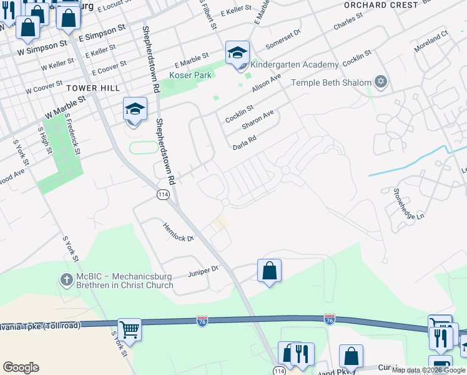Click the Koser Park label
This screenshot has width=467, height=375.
pos(190,75)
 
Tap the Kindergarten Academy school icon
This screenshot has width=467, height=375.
pos(237,54)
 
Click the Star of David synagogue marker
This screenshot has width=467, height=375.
pos(381,82)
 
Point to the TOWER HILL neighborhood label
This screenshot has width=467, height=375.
pos(93,88)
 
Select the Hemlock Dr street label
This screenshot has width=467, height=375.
pos(179,232)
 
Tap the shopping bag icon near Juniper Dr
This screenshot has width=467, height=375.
pos(269,271)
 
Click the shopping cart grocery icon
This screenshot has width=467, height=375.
pos(129,329)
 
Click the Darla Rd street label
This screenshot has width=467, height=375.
pos(245,143)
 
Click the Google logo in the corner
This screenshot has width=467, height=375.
pos(21,367)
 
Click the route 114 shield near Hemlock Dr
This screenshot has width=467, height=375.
pos(162,195)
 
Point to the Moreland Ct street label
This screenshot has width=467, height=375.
pos(431,42)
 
